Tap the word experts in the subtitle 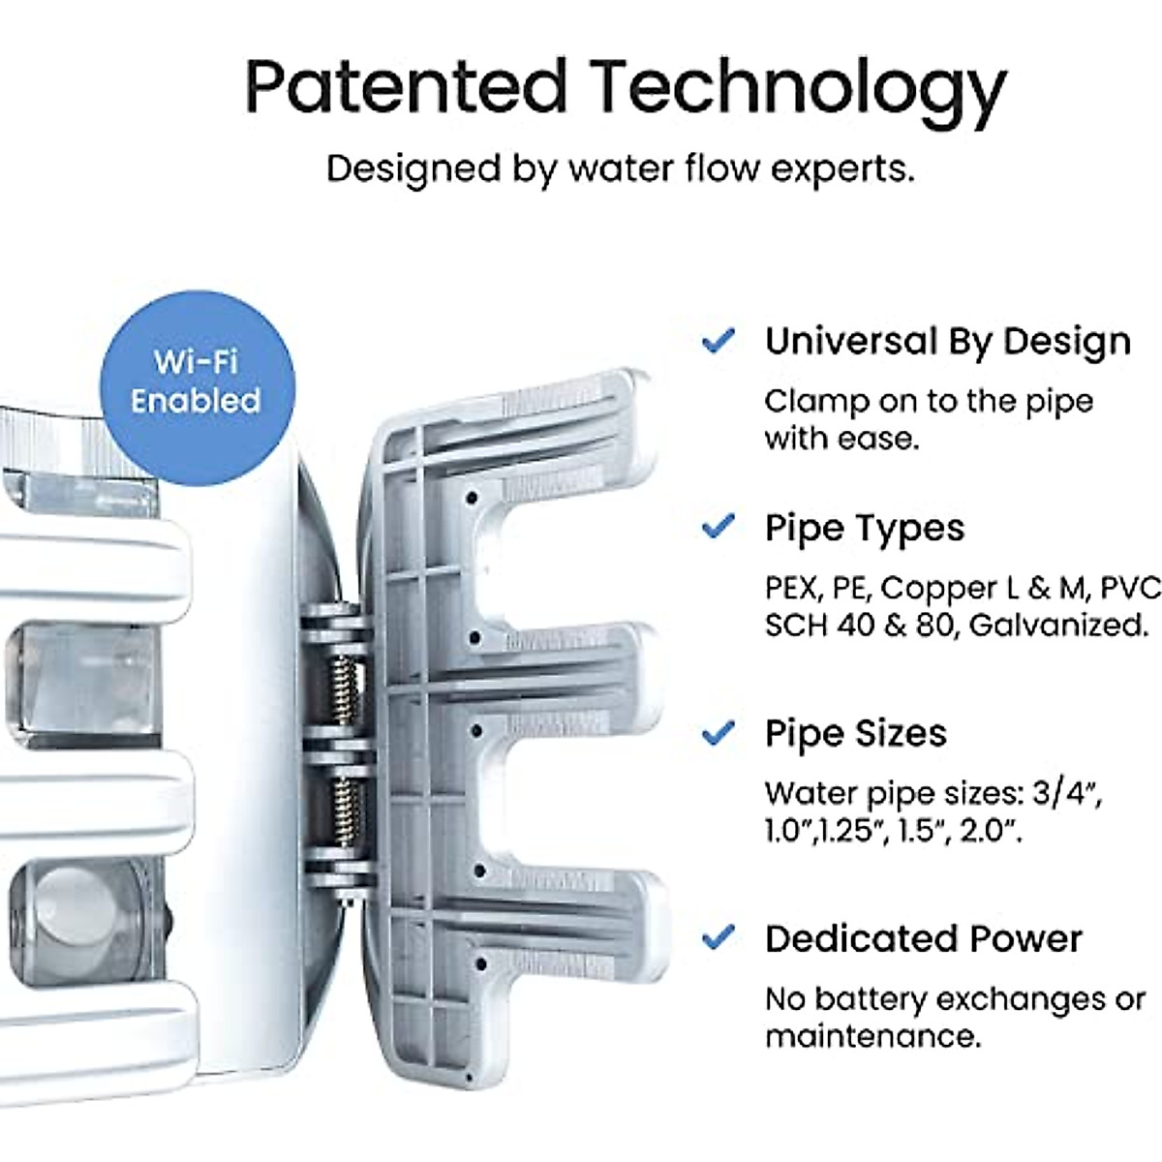(841, 168)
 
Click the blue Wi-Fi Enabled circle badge (198, 382)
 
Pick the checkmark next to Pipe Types (718, 528)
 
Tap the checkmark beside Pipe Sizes (718, 733)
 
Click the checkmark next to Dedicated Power (718, 937)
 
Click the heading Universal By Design (947, 342)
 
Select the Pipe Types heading (865, 529)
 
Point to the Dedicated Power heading (923, 938)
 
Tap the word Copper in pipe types (937, 589)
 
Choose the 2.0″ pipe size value (990, 831)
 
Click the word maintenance (872, 1036)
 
